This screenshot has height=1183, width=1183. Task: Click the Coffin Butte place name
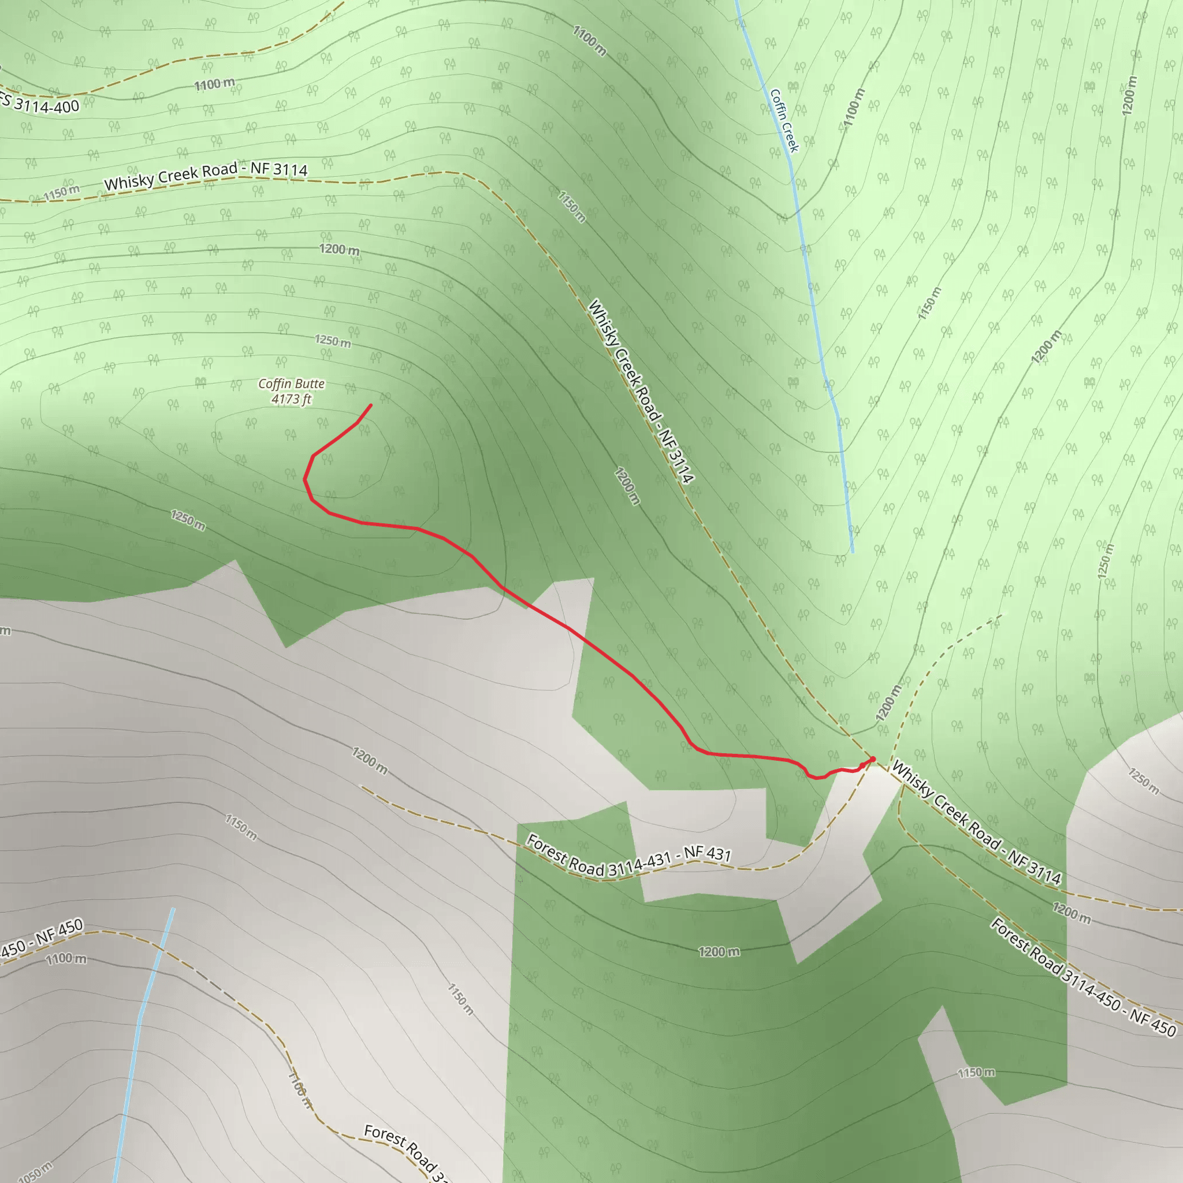tap(292, 384)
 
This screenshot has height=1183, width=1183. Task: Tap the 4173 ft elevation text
tap(292, 399)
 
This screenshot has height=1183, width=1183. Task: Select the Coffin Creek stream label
tap(784, 121)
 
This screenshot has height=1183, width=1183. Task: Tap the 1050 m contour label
tap(35, 1171)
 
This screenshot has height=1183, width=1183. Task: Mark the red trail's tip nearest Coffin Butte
tap(370, 406)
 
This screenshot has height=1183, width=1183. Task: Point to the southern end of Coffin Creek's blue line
tap(853, 552)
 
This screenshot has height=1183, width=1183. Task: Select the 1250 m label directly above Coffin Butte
tap(333, 340)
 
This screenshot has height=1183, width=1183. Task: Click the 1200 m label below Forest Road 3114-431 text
tap(719, 951)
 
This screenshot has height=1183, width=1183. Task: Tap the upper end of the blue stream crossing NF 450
tap(173, 909)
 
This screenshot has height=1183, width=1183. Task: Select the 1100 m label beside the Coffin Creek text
tap(854, 108)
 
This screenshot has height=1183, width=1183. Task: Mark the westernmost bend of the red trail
tap(304, 479)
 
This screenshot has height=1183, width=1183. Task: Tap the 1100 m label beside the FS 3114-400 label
tap(214, 84)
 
